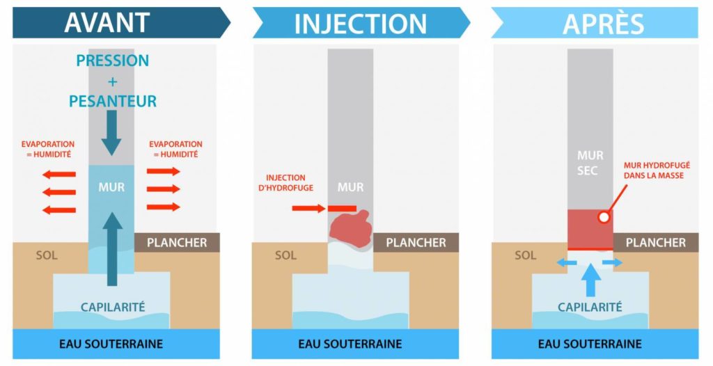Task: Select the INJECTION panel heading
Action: pos(360,24)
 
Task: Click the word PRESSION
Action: pos(113,61)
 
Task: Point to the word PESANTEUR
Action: pos(113,102)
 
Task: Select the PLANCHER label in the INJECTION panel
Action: pos(416,243)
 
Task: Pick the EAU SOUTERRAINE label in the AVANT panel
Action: pos(111,344)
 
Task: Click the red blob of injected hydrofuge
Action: pos(350,228)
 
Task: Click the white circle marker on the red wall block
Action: pos(604,217)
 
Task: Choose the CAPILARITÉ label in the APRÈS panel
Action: pos(590,307)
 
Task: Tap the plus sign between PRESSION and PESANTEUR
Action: pos(113,81)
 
